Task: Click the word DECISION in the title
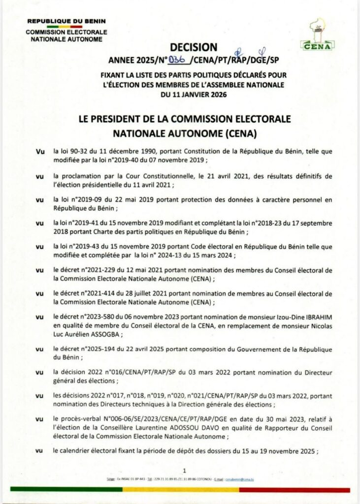193,48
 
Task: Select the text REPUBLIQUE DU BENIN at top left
66,21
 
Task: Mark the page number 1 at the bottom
184,470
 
